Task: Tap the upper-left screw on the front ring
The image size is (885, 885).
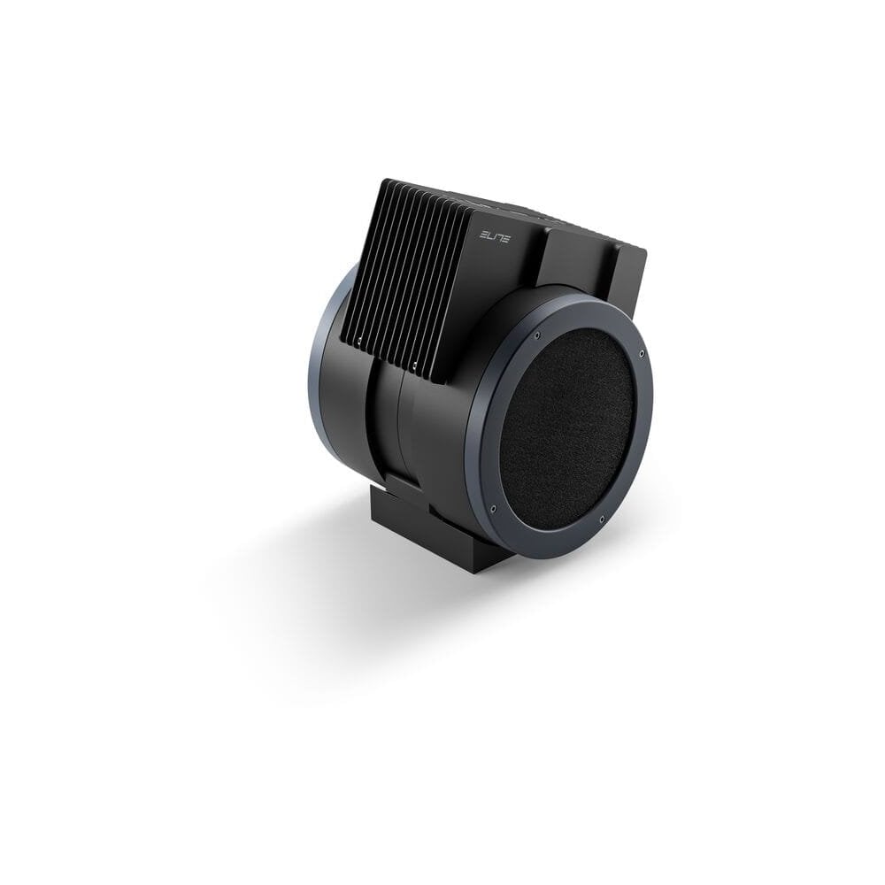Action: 536,335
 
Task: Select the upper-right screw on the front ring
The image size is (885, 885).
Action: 641,354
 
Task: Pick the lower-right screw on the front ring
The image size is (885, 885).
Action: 602,519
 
